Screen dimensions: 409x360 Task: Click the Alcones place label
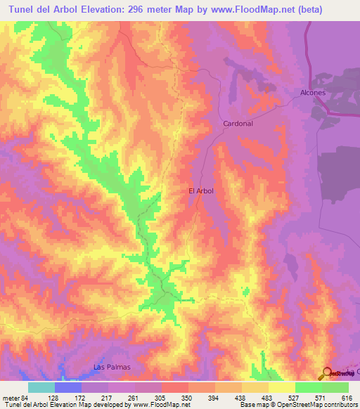pyautogui.click(x=313, y=92)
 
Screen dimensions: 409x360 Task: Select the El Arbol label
pyautogui.click(x=200, y=190)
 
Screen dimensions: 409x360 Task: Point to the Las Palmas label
pyautogui.click(x=112, y=367)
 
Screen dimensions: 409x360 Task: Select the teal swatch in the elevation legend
pyautogui.click(x=41, y=387)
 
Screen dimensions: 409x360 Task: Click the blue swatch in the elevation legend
pyautogui.click(x=67, y=387)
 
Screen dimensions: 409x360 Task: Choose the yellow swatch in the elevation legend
pyautogui.click(x=281, y=387)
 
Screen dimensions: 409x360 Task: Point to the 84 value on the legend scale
pyautogui.click(x=27, y=397)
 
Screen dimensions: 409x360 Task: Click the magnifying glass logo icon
pyautogui.click(x=328, y=374)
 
